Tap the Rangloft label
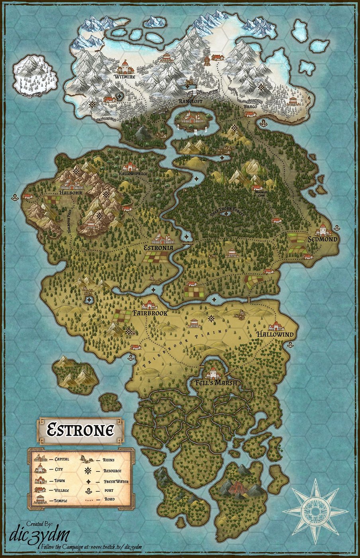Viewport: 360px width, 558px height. click(191, 101)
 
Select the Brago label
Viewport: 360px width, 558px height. click(250, 107)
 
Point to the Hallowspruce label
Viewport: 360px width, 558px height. click(133, 174)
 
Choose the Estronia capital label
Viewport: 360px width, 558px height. click(158, 248)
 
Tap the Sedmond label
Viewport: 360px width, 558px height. click(323, 240)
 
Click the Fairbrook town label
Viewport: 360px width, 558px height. click(150, 313)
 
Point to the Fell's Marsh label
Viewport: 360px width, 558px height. click(216, 383)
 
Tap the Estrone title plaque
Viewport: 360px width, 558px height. click(80, 430)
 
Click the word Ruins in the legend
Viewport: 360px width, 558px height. click(109, 460)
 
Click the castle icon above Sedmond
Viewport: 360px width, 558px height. click(323, 229)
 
